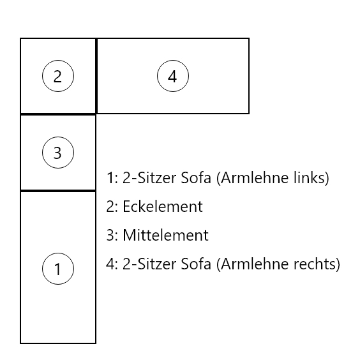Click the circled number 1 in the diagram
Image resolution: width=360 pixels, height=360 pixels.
click(58, 269)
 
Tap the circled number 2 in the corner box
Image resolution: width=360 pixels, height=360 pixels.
click(58, 76)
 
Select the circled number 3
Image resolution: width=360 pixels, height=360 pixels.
click(58, 153)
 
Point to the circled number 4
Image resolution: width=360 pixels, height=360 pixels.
click(173, 76)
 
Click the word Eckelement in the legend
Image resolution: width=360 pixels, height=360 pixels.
click(163, 206)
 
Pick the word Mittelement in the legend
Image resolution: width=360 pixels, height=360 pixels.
click(165, 235)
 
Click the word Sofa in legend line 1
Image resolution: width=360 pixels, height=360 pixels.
click(196, 178)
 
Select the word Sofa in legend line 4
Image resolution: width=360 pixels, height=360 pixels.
click(196, 264)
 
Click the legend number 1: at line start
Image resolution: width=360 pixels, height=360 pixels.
click(112, 178)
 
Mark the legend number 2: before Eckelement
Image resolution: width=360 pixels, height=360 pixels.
click(112, 206)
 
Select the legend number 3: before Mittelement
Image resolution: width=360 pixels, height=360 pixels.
click(112, 235)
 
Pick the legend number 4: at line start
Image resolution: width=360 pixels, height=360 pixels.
click(112, 264)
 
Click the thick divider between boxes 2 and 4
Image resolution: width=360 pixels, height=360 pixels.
click(96, 76)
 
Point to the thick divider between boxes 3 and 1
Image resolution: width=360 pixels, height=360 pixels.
click(58, 191)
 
